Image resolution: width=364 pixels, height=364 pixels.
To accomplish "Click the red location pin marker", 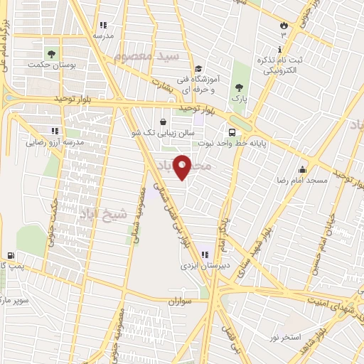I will (182, 166).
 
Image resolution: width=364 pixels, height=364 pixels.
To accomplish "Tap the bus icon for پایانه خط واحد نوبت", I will (232, 132).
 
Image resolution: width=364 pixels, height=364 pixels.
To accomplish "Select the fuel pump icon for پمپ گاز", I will (10, 256).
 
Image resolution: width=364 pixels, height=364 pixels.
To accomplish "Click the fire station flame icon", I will (284, 25).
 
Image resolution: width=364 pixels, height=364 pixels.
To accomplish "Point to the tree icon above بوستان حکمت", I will (50, 53).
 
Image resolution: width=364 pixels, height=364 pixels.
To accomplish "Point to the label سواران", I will (181, 301).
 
